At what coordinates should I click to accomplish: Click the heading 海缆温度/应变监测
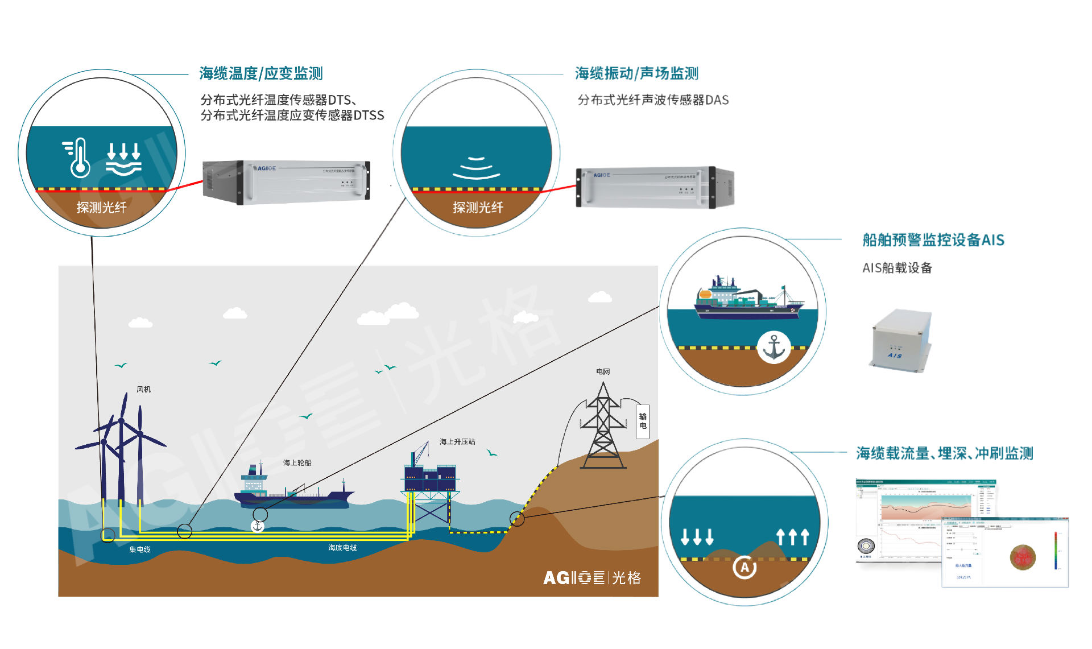(x=261, y=73)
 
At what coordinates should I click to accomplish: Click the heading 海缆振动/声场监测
(x=636, y=73)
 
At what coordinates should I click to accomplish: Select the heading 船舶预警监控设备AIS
(x=933, y=240)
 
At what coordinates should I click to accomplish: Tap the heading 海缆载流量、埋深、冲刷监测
(x=945, y=453)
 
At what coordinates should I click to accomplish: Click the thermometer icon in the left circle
(x=78, y=158)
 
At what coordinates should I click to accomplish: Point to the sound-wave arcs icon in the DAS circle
(x=477, y=168)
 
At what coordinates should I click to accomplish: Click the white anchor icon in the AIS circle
(x=773, y=348)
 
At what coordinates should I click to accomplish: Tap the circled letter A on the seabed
(x=744, y=567)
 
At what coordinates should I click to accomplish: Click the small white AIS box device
(x=900, y=340)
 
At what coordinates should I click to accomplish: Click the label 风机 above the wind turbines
(x=143, y=390)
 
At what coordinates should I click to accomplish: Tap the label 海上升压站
(x=457, y=441)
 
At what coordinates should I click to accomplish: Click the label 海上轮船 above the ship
(x=297, y=462)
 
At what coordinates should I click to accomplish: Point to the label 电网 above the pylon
(x=603, y=371)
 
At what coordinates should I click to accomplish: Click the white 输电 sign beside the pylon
(x=643, y=421)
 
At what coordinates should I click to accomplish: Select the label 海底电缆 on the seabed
(x=342, y=547)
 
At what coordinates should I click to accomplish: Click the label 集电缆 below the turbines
(x=140, y=549)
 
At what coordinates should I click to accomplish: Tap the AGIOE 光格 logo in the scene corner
(x=592, y=578)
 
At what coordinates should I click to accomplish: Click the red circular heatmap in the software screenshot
(x=1023, y=557)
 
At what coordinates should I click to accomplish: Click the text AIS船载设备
(x=897, y=268)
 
